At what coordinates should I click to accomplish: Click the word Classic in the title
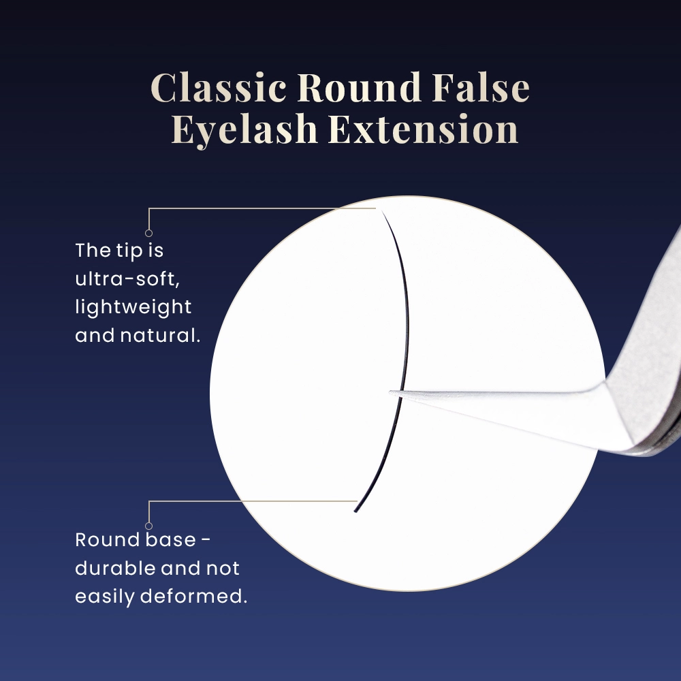pyautogui.click(x=219, y=87)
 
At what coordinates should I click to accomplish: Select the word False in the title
pyautogui.click(x=481, y=87)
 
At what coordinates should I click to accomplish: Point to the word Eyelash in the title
pyautogui.click(x=244, y=129)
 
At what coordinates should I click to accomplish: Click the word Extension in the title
pyautogui.click(x=424, y=129)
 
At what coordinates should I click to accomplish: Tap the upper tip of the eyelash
pyautogui.click(x=382, y=211)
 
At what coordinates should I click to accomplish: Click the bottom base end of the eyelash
pyautogui.click(x=355, y=511)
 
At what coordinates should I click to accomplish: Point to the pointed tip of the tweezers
pyautogui.click(x=390, y=393)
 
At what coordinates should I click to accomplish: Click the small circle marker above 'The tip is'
pyautogui.click(x=148, y=233)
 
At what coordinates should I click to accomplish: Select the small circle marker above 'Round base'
pyautogui.click(x=148, y=526)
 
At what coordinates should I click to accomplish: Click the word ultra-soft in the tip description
pyautogui.click(x=127, y=279)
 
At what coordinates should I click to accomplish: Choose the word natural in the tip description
pyautogui.click(x=160, y=335)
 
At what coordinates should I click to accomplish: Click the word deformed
pyautogui.click(x=193, y=596)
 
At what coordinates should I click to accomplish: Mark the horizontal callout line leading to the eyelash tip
pyautogui.click(x=262, y=208)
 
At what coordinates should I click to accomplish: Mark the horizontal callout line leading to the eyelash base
pyautogui.click(x=253, y=501)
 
